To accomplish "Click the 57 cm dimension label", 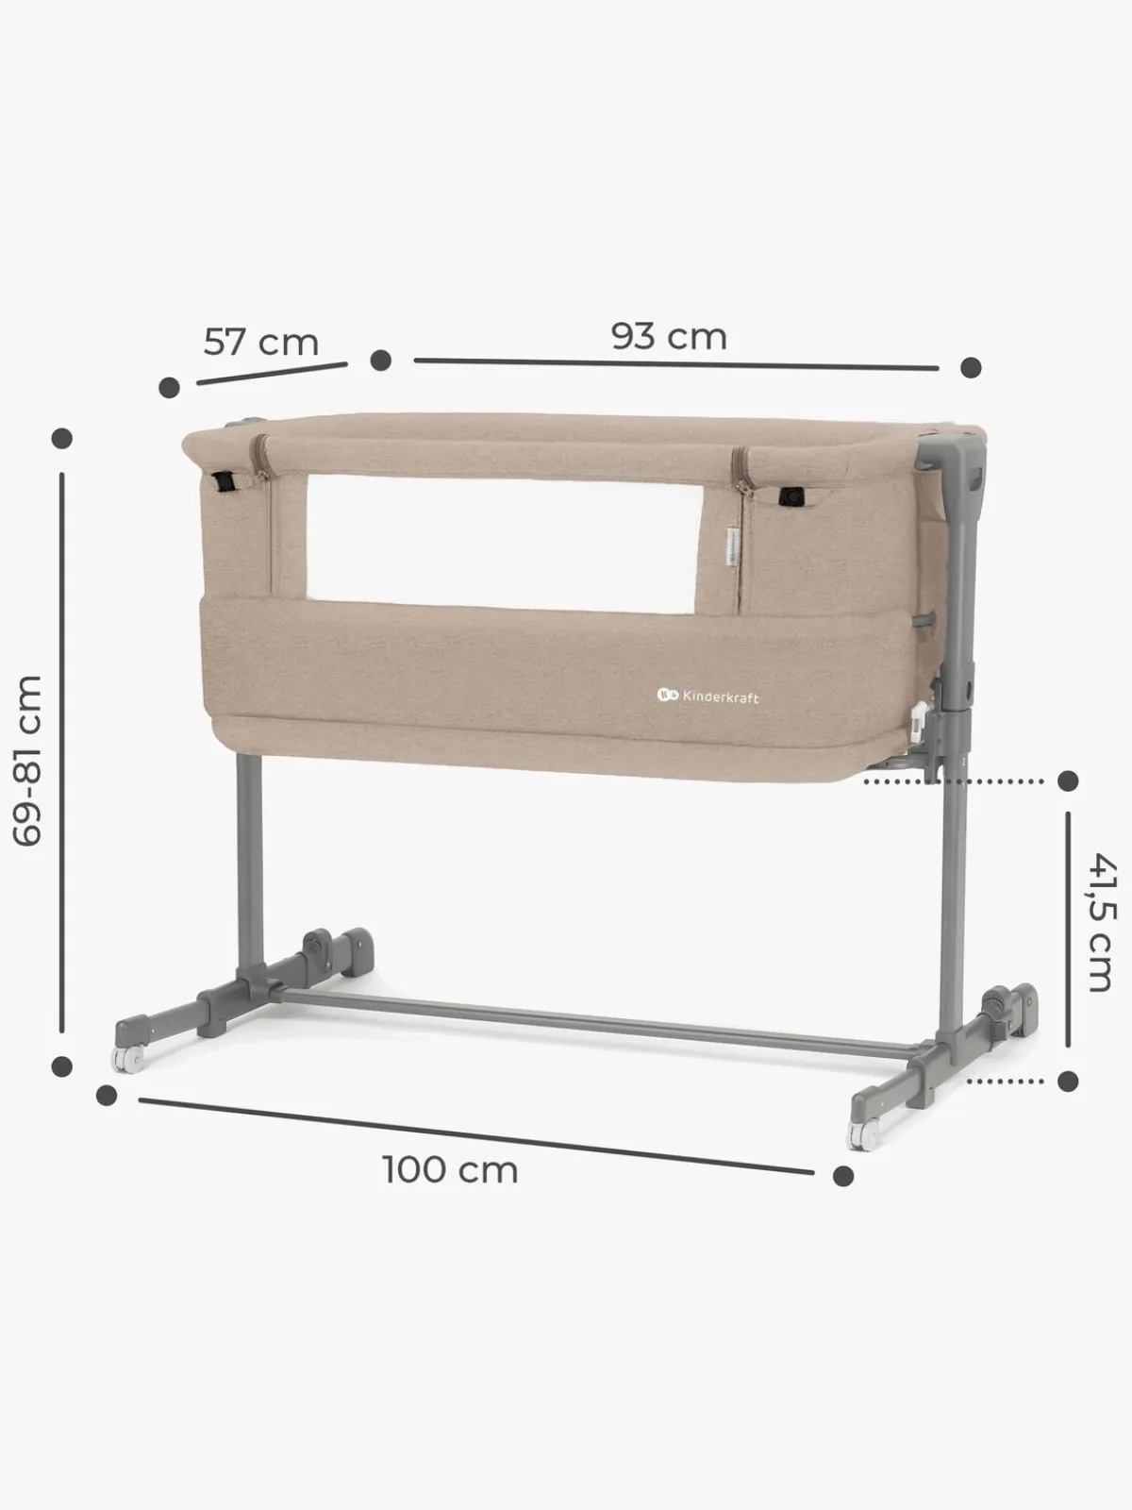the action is click(x=261, y=342).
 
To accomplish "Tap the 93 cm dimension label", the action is click(x=669, y=336).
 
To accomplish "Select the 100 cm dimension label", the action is click(x=450, y=1170).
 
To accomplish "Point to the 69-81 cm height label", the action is click(x=28, y=760).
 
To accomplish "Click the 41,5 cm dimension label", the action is click(x=1102, y=922).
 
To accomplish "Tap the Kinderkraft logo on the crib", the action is click(x=707, y=696).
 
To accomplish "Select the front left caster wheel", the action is click(x=128, y=1060).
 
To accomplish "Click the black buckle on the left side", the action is click(x=225, y=481).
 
